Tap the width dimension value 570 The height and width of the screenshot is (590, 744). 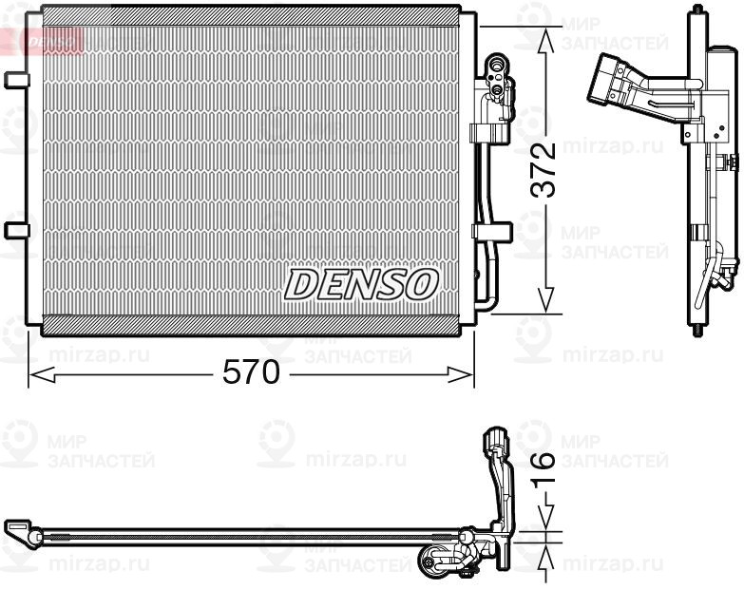point(251,373)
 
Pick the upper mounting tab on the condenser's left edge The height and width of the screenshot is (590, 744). point(14,80)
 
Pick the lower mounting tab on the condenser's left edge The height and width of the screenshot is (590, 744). point(14,230)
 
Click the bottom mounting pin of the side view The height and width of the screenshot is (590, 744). point(700,330)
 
